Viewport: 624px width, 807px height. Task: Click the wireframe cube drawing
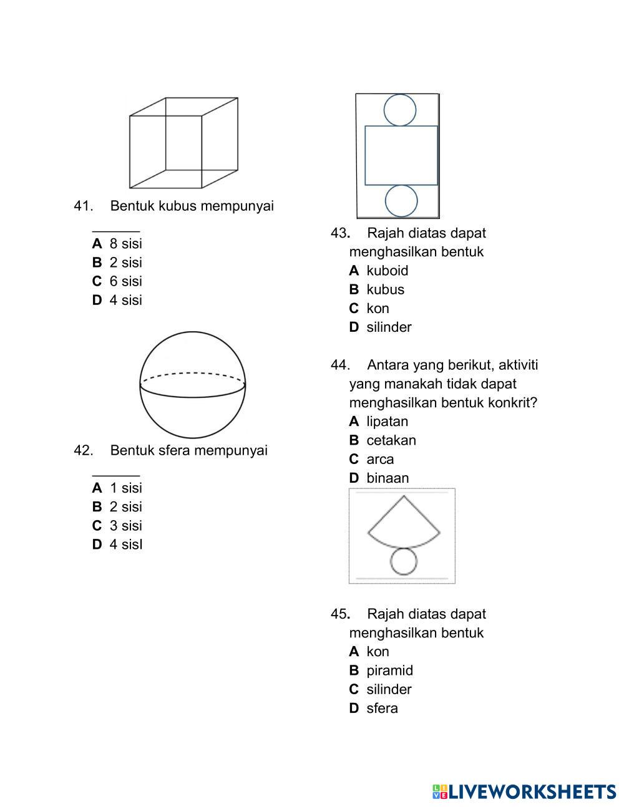click(x=183, y=143)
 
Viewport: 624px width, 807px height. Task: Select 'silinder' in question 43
click(x=389, y=327)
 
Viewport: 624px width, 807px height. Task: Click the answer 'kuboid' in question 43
click(x=387, y=271)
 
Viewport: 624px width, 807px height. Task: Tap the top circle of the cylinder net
click(x=400, y=110)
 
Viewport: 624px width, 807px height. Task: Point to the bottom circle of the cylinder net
click(x=401, y=201)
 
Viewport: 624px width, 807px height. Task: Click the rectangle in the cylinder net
click(x=401, y=155)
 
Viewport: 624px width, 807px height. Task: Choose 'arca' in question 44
click(x=380, y=460)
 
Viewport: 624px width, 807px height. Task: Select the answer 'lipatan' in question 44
click(x=387, y=422)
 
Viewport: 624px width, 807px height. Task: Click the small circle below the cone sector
click(x=404, y=561)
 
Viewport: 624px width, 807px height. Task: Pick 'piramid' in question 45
click(x=389, y=670)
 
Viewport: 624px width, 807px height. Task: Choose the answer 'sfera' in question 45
click(x=382, y=708)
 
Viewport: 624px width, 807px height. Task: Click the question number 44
click(x=339, y=365)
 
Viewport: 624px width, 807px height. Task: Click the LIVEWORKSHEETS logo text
click(x=531, y=792)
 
